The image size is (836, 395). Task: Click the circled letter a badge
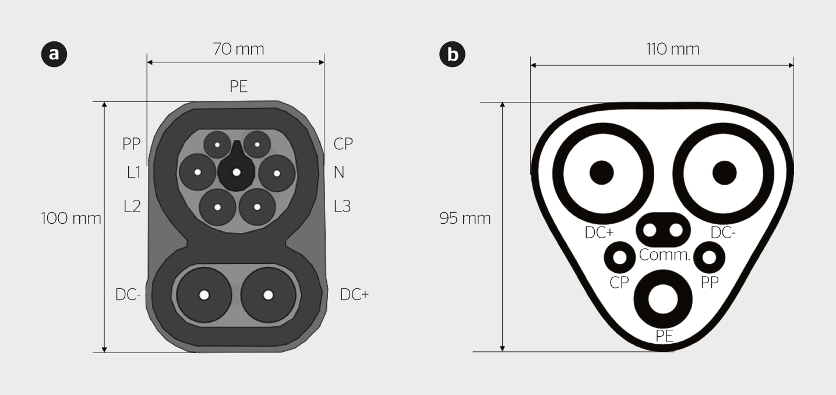pos(54,54)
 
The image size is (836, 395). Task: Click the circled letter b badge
pos(452,54)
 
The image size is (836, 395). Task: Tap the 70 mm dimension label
pos(238,50)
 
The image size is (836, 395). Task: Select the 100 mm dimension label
pos(71,218)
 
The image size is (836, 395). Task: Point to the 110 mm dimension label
pos(672,50)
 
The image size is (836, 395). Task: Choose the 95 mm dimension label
pos(465,218)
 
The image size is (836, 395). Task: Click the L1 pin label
pos(133,172)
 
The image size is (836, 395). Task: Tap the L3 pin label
pos(342,206)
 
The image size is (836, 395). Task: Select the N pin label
pos(339,172)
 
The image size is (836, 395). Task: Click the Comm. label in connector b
pos(665,255)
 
